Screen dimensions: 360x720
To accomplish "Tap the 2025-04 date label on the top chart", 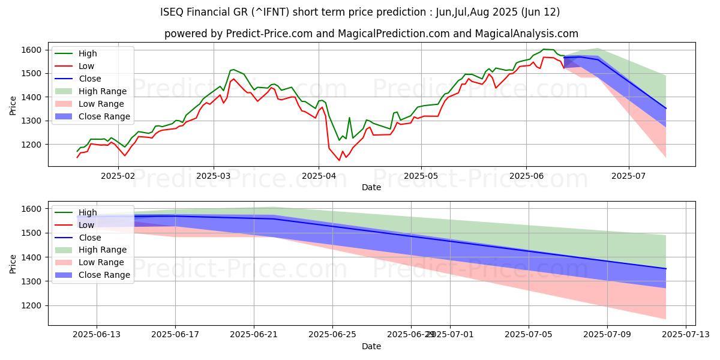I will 319,176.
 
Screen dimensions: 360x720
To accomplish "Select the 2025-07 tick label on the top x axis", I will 629,176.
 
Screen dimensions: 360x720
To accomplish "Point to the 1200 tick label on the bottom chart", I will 33,305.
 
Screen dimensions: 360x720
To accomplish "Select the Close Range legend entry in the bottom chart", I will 102,275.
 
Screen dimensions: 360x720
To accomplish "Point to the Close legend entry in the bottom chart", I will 89,237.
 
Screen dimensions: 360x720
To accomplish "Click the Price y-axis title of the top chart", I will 13,104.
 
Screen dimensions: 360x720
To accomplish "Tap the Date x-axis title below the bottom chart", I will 371,347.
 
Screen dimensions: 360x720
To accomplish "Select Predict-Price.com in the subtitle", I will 269,34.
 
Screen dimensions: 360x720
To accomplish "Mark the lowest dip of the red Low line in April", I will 339,160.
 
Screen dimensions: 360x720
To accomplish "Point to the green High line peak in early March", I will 233,70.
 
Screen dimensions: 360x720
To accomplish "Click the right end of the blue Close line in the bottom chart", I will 666,269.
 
